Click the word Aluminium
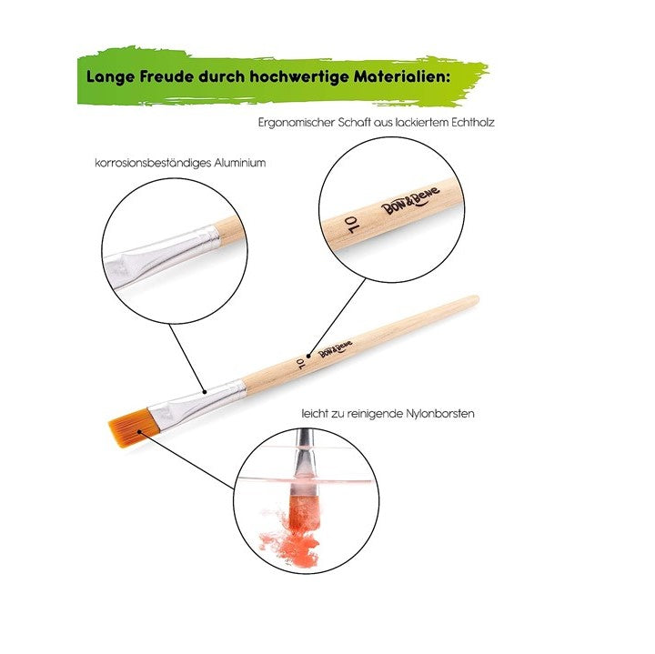pyautogui.click(x=240, y=163)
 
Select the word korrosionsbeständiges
pyautogui.click(x=153, y=164)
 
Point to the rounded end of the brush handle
pyautogui.click(x=475, y=299)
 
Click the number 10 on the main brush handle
pyautogui.click(x=300, y=364)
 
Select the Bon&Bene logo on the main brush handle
pyautogui.click(x=335, y=348)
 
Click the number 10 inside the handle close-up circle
pyautogui.click(x=351, y=225)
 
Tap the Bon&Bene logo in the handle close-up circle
pyautogui.click(x=411, y=199)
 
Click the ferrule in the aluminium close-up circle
pyautogui.click(x=163, y=256)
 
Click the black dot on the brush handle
pyautogui.click(x=308, y=357)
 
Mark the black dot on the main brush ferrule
pyautogui.click(x=205, y=392)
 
